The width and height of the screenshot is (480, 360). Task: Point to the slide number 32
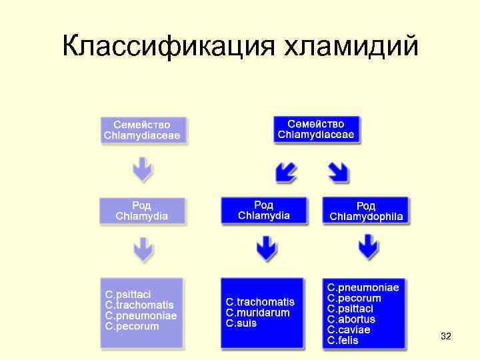[446, 337]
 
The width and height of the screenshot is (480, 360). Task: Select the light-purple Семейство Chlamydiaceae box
[141, 130]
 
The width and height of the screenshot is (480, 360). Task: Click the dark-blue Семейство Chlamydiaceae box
[316, 129]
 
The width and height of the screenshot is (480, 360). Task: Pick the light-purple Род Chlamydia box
[141, 210]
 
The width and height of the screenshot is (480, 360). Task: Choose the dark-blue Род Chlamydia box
[264, 210]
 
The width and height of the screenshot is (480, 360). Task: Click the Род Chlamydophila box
[365, 211]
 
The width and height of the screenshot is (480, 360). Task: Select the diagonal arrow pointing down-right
[339, 173]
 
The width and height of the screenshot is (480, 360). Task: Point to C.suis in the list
[241, 323]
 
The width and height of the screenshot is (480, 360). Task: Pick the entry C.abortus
[351, 319]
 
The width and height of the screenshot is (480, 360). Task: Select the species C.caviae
[349, 330]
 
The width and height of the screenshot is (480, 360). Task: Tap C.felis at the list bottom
[343, 341]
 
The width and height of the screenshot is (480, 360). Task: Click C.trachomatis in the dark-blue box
[260, 302]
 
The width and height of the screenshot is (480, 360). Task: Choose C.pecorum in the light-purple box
[132, 327]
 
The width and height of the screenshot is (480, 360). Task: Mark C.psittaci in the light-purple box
[128, 294]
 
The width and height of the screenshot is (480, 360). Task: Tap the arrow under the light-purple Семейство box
[142, 170]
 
